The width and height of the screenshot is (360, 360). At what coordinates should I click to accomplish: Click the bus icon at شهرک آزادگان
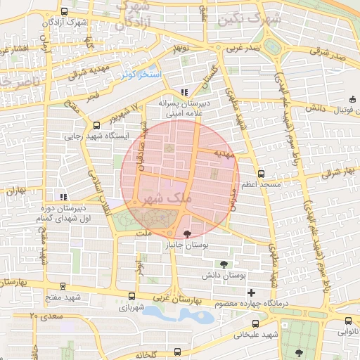[65, 12]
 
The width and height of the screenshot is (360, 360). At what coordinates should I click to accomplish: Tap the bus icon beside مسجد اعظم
[262, 173]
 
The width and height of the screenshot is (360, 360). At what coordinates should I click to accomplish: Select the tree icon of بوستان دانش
[224, 265]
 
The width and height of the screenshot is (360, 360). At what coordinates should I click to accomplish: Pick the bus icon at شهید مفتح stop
[64, 286]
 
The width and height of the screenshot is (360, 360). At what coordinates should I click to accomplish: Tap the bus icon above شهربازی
[131, 296]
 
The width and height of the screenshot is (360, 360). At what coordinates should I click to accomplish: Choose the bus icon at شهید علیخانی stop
[256, 323]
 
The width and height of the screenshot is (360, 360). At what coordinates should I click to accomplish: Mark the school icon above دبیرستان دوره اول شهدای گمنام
[64, 197]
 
